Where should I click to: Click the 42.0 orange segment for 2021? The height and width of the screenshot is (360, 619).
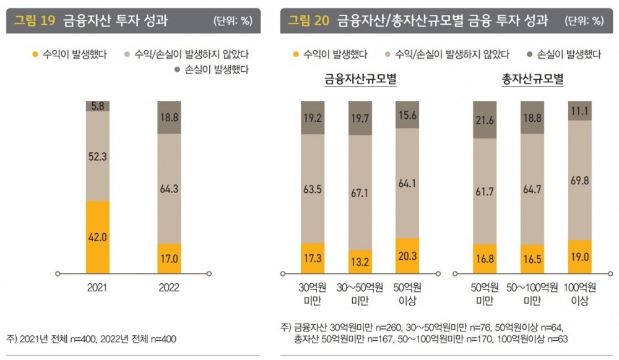point(97,237)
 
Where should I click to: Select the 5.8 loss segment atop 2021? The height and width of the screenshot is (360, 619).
point(97,106)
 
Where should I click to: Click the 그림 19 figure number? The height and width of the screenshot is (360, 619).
point(35,21)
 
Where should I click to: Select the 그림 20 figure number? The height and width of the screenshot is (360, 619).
point(308,21)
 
